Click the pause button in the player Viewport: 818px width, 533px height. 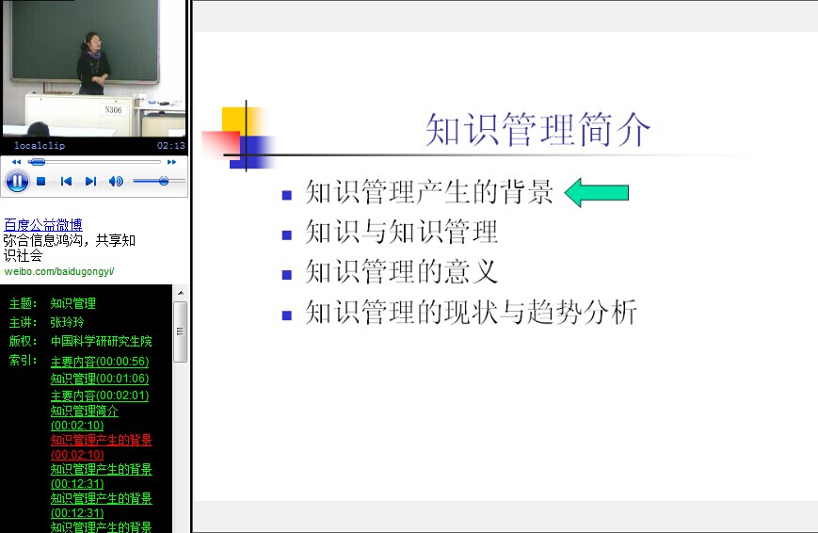[x=17, y=182]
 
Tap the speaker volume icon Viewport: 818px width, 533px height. [x=116, y=181]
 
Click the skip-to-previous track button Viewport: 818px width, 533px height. [x=66, y=181]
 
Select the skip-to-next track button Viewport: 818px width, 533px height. [x=90, y=181]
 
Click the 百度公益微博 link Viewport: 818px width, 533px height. [x=42, y=225]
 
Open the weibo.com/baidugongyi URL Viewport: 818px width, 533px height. [x=59, y=271]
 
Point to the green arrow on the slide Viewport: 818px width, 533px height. [x=597, y=193]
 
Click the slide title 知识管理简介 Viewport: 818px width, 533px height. [x=537, y=129]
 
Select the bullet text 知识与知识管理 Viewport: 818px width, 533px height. [x=401, y=233]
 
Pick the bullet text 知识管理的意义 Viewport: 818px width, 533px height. [x=401, y=272]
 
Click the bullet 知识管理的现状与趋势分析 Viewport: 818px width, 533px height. [x=471, y=313]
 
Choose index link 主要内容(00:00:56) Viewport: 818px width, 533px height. [x=100, y=362]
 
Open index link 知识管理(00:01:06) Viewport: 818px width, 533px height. [x=100, y=379]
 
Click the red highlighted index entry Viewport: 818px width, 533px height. [x=102, y=447]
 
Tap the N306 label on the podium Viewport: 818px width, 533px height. [x=113, y=109]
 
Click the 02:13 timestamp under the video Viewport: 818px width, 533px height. [x=171, y=146]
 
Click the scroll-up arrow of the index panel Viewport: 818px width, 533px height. [x=181, y=293]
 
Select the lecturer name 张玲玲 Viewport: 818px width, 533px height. [x=67, y=322]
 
